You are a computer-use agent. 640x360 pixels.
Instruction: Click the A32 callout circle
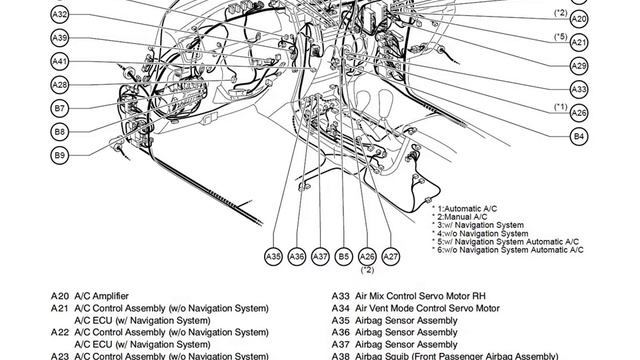60,15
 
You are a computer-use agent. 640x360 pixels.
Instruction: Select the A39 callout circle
60,38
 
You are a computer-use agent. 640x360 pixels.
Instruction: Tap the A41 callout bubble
60,62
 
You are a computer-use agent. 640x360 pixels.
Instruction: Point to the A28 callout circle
60,85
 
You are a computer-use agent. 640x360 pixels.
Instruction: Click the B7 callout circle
60,109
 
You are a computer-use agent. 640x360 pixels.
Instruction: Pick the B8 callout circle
60,132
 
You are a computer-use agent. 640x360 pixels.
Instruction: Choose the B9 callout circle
60,156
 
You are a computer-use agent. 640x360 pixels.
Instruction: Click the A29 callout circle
579,66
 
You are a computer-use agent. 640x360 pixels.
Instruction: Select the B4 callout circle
579,136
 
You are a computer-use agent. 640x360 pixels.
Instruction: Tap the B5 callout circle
344,256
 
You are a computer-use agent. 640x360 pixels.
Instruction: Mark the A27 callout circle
391,256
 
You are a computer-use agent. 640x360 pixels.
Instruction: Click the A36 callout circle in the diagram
297,256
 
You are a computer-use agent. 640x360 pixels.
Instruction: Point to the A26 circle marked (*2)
367,256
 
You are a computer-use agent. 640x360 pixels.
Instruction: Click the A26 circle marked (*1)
579,113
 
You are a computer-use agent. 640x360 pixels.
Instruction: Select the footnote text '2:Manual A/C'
462,217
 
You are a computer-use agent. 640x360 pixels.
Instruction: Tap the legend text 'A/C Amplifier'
101,296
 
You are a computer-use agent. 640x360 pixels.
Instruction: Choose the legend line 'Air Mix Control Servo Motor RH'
420,296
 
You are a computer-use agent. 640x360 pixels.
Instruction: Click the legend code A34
340,308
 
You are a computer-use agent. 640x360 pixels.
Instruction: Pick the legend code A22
60,332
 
